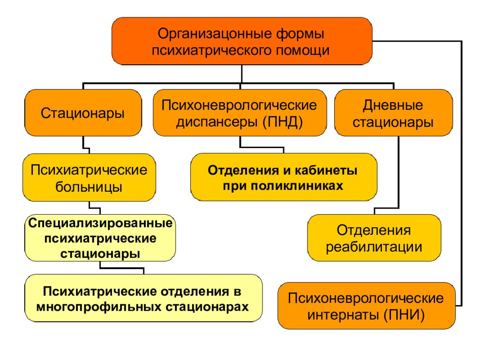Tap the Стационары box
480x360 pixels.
[x=83, y=112]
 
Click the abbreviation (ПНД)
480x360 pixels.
[x=283, y=122]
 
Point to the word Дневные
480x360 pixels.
[x=393, y=105]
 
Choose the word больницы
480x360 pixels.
[x=89, y=187]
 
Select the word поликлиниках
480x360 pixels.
[x=297, y=186]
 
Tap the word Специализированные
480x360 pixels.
[x=100, y=223]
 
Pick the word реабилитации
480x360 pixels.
[x=374, y=247]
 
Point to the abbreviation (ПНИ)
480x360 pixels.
[x=405, y=315]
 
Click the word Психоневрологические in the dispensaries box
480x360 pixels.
[x=239, y=105]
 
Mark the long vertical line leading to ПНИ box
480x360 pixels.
[x=461, y=173]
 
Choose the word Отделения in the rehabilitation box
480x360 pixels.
[x=374, y=230]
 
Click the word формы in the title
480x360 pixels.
[x=300, y=34]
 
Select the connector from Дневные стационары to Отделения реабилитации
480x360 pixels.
[x=398, y=173]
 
